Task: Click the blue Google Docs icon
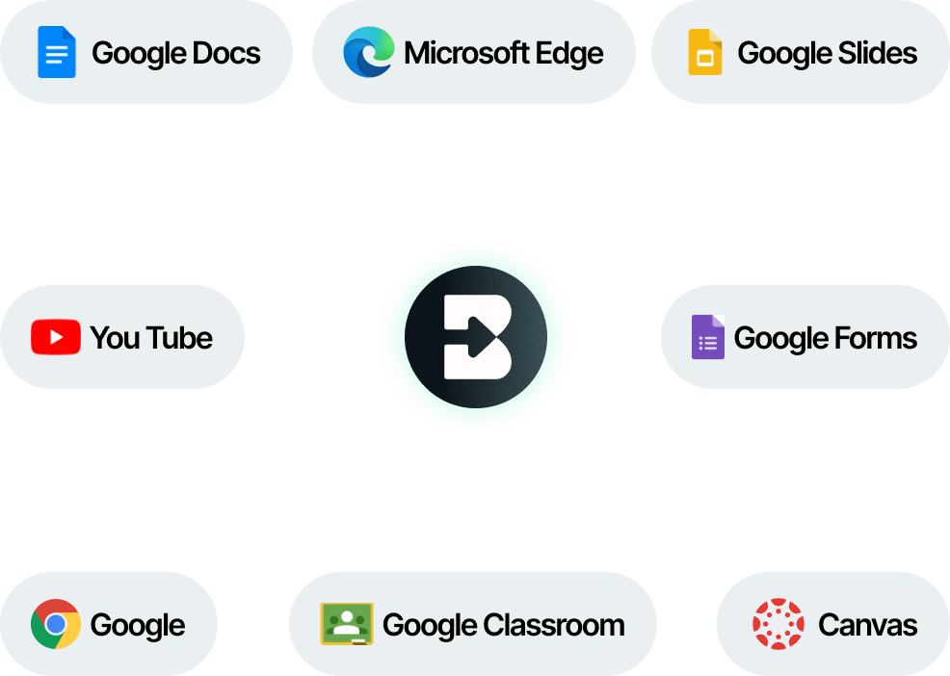[56, 52]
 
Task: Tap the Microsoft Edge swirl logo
[368, 52]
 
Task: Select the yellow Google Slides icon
[705, 52]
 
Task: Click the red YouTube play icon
[55, 338]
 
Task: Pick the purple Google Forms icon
[707, 338]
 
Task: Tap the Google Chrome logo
[55, 624]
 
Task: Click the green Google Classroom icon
[346, 624]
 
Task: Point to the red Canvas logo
[778, 624]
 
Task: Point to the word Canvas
[867, 624]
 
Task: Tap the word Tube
[179, 338]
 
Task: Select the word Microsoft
[459, 52]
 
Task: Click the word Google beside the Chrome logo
[137, 624]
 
